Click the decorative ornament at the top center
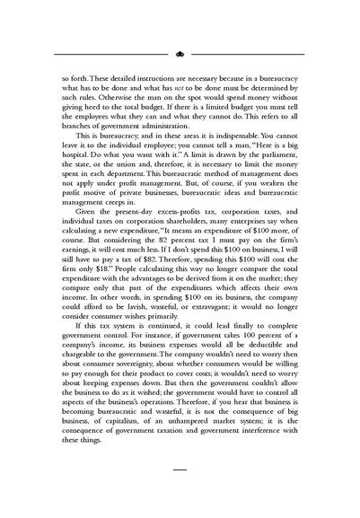180,53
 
